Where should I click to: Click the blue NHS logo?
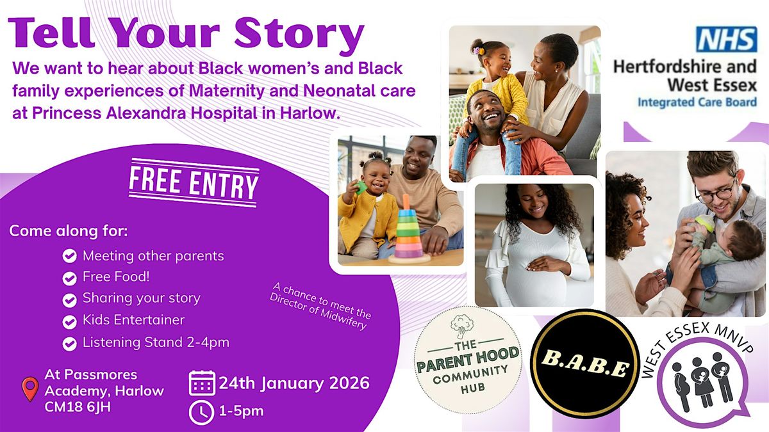(726, 39)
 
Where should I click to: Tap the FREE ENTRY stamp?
(194, 183)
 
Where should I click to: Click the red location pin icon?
(30, 389)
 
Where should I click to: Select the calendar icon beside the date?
(203, 383)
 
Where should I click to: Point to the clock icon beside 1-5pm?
(201, 412)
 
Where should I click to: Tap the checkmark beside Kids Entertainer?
(69, 321)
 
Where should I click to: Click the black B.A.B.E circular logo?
(585, 364)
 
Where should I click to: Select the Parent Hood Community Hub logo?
(468, 360)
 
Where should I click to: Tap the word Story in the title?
(299, 34)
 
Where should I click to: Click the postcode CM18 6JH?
(78, 407)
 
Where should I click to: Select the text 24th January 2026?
(294, 383)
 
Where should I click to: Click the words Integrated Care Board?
(697, 102)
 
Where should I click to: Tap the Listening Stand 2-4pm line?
(156, 342)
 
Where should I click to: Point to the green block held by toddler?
(360, 187)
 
